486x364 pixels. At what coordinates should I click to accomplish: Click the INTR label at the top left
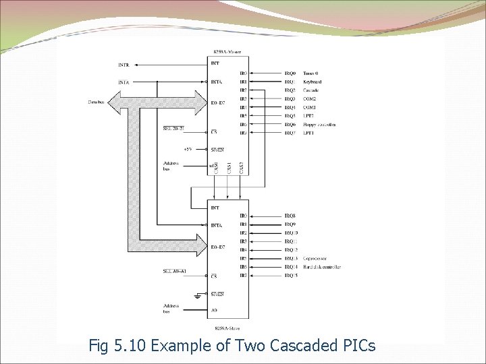click(x=124, y=65)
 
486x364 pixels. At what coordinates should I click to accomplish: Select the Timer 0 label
click(x=312, y=73)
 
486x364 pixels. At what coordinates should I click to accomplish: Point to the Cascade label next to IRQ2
click(x=311, y=90)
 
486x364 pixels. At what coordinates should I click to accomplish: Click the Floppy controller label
click(x=319, y=125)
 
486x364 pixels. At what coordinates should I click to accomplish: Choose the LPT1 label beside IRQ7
click(x=309, y=133)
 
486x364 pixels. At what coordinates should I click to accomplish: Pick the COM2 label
click(x=309, y=99)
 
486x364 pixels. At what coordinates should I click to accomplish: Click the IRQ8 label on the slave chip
click(x=290, y=216)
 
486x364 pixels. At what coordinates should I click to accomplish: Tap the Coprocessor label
click(x=316, y=259)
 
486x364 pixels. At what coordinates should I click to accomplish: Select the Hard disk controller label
click(x=322, y=268)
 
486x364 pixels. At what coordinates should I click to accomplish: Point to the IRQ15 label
click(x=291, y=276)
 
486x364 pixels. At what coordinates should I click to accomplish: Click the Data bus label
click(x=97, y=102)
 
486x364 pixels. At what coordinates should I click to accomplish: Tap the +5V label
click(x=188, y=149)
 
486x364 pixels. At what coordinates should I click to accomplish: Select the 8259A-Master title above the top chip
click(x=227, y=52)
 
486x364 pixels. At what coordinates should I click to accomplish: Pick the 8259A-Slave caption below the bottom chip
click(x=227, y=328)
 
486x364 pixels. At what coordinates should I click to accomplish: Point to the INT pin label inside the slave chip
click(x=215, y=208)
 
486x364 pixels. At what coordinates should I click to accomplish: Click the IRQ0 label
click(x=290, y=73)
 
